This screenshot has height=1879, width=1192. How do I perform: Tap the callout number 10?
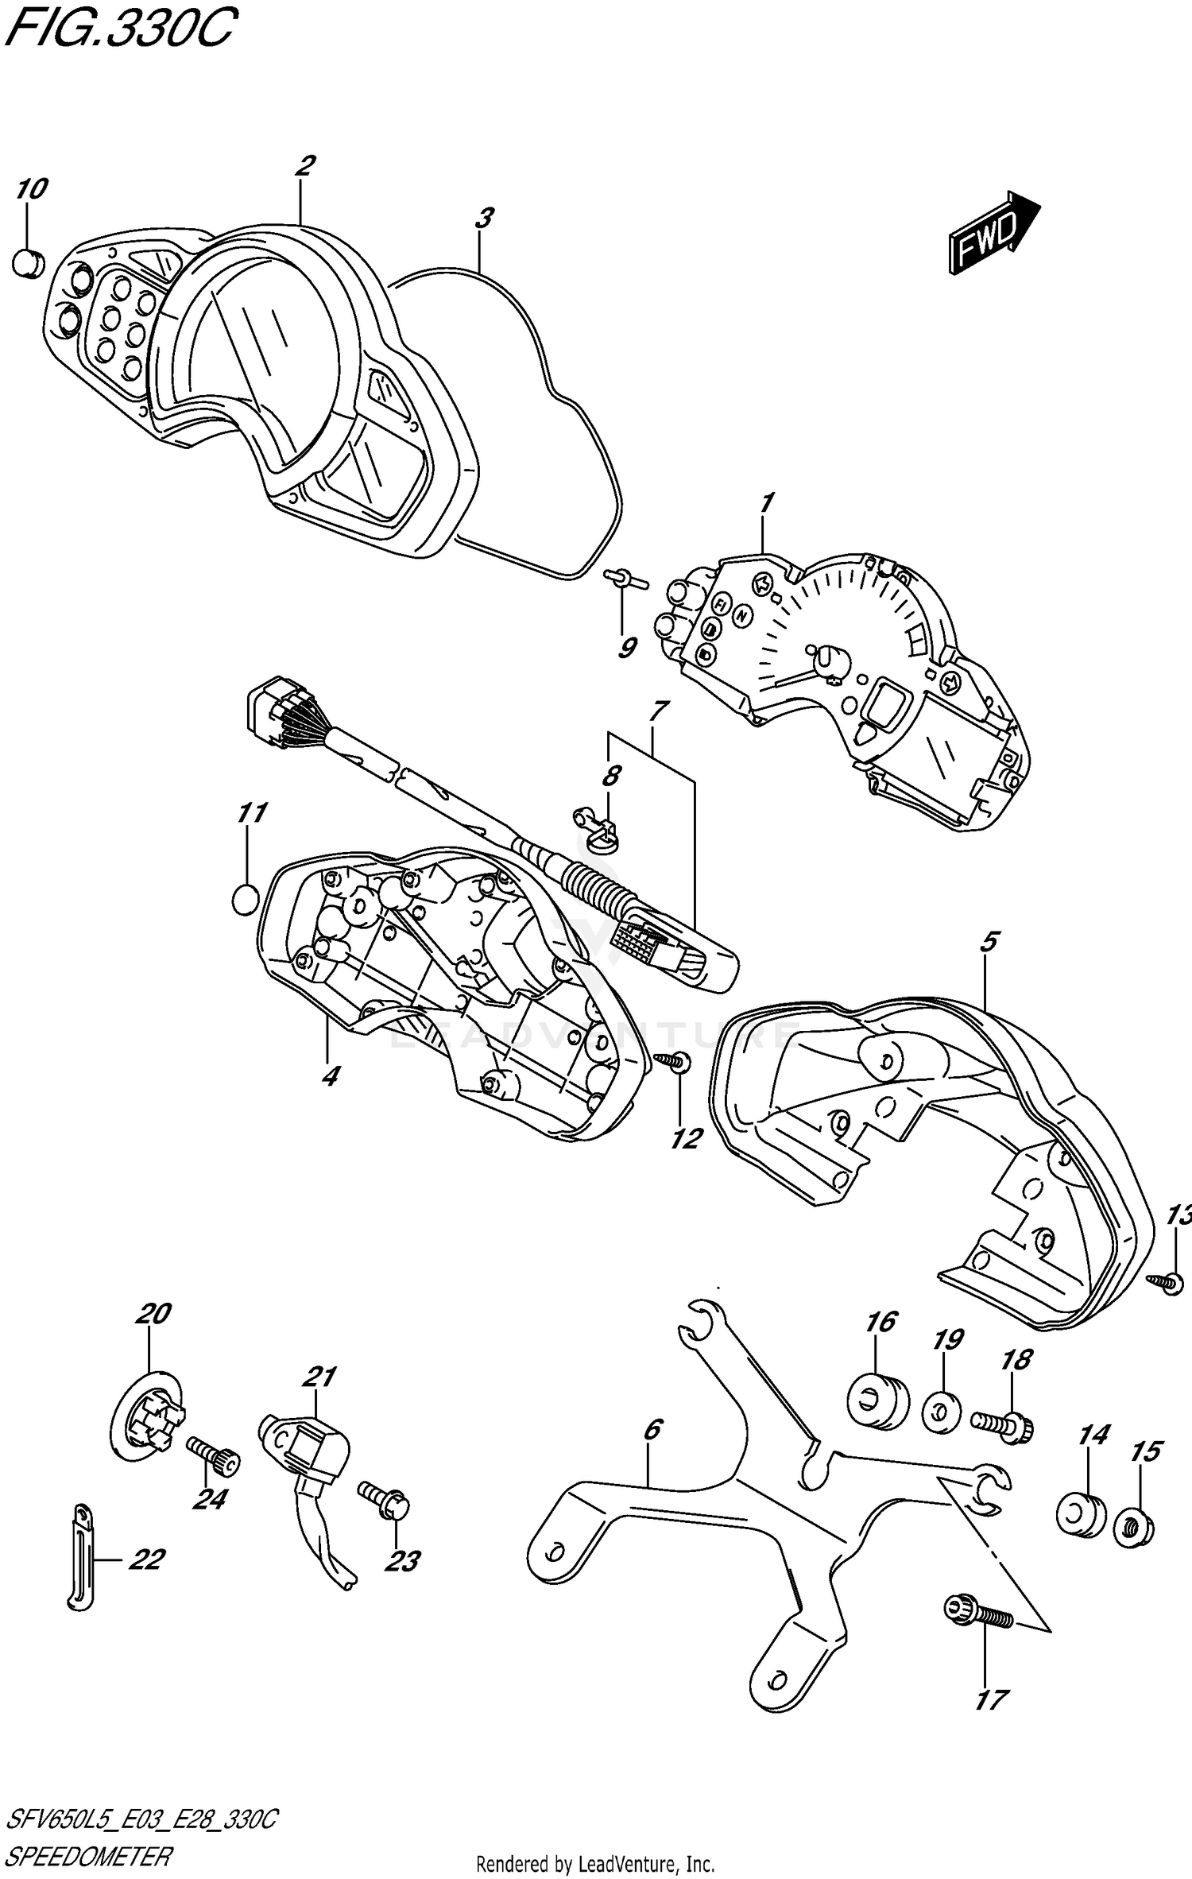click(32, 189)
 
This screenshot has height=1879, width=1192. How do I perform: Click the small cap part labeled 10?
click(29, 262)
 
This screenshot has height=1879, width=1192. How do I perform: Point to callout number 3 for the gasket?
click(484, 218)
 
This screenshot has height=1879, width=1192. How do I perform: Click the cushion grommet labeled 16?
click(877, 1405)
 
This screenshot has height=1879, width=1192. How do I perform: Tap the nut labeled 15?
click(1134, 1527)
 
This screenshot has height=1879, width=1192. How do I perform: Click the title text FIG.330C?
click(119, 30)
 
